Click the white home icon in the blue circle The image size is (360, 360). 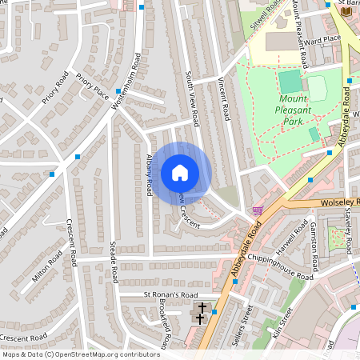(x=179, y=173)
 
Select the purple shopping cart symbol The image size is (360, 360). (x=257, y=210)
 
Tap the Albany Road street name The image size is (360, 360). (x=149, y=175)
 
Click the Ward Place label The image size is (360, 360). (x=322, y=38)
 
